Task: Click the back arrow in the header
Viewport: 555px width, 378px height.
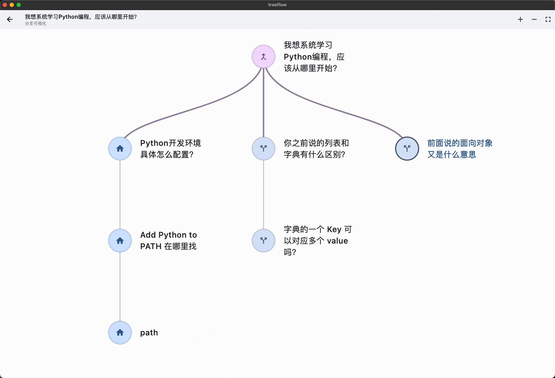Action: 10,20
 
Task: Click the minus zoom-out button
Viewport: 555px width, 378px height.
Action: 534,20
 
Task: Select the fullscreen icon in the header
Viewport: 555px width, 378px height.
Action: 548,20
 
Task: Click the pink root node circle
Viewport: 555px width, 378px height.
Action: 264,57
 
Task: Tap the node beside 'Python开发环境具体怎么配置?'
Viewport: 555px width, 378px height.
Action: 120,149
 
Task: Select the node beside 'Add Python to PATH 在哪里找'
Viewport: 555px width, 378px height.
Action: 120,240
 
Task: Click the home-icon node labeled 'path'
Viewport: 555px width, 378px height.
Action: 120,333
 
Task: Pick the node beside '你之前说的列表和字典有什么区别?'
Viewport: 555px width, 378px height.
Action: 264,149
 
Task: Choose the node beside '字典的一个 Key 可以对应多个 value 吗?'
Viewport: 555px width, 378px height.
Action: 264,240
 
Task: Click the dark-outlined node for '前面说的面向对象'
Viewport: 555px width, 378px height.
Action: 407,149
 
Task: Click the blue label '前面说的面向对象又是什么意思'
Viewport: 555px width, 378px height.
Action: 460,149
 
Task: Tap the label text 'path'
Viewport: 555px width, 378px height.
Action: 149,333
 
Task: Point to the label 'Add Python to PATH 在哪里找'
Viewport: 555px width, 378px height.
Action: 169,240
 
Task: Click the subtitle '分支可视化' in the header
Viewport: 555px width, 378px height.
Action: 36,24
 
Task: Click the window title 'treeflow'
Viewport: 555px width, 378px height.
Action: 277,5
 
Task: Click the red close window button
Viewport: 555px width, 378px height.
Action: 5,5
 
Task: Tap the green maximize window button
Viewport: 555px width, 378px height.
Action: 19,5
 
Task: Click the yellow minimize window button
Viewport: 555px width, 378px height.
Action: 12,5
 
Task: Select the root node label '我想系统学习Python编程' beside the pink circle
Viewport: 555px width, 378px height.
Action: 313,57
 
